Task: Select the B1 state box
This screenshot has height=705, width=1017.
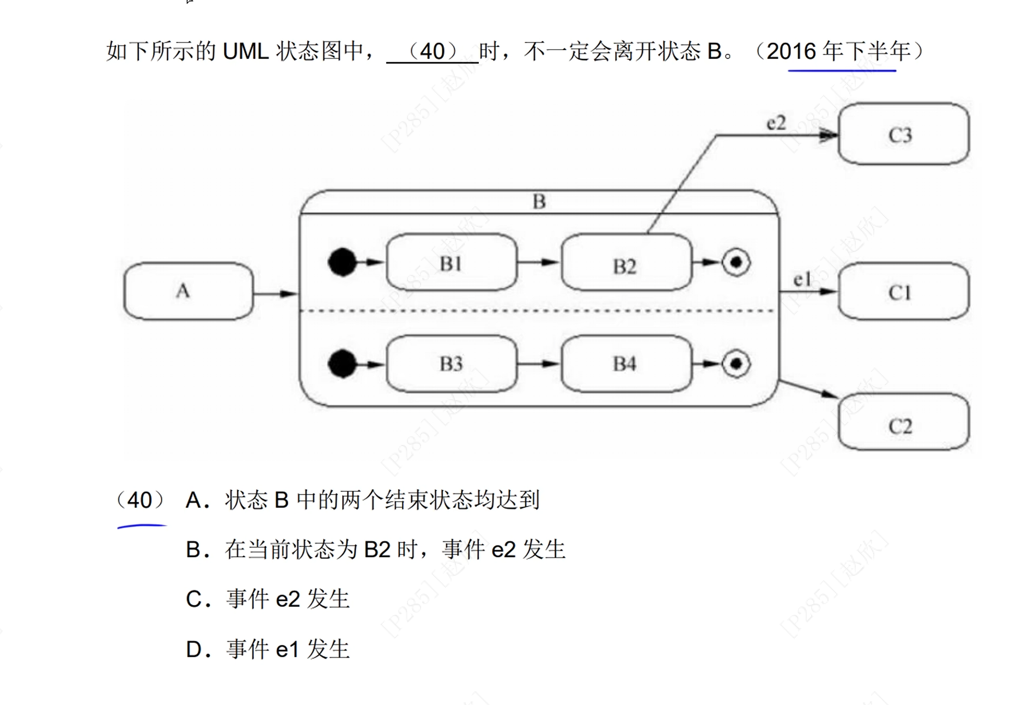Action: tap(451, 263)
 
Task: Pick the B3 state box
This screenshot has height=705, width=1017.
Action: tap(451, 364)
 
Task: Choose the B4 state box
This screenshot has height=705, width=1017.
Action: tap(625, 364)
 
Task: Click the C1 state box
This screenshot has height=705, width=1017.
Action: tap(903, 292)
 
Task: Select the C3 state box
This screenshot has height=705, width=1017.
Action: tap(903, 134)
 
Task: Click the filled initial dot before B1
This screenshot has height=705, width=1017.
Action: tap(343, 262)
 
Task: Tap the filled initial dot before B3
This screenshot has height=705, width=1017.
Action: tap(343, 364)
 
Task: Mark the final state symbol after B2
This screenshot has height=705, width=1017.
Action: tap(736, 262)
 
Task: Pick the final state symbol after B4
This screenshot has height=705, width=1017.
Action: tap(736, 364)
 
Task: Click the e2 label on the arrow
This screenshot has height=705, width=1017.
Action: tap(776, 123)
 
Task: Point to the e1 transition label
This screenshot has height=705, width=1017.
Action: tap(801, 280)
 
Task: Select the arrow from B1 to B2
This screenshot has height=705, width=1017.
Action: tap(538, 262)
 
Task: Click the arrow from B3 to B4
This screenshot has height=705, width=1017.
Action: tap(538, 364)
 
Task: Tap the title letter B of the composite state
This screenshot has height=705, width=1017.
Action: tap(539, 202)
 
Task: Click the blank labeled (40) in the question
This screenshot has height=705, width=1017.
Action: tap(433, 52)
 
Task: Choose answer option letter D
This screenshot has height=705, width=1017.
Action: tap(194, 649)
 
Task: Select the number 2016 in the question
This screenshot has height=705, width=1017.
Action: tap(791, 52)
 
